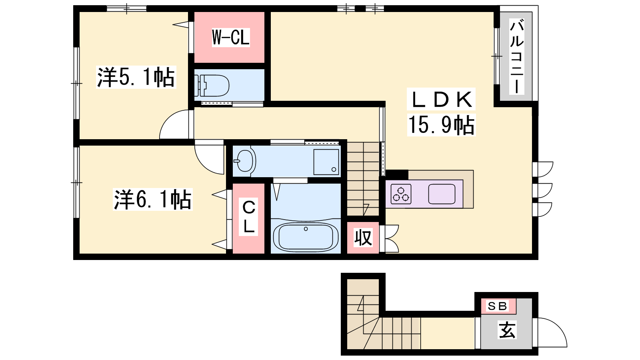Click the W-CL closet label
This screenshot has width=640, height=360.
230,37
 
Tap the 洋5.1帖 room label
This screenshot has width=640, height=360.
136,77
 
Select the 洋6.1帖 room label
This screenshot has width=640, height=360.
152,199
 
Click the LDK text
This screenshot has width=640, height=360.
441,99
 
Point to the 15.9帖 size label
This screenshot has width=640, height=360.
441,124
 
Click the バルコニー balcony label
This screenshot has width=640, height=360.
516,56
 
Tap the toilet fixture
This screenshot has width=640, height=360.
212,85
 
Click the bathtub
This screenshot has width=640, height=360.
306,237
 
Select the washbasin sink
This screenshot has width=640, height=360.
245,161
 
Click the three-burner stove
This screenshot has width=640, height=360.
401,194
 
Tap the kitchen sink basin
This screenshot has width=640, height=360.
442,194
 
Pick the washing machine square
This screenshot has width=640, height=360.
326,162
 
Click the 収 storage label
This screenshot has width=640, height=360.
363,238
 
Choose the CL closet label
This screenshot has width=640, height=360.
248,217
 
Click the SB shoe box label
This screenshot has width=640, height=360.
498,306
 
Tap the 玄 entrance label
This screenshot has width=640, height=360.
507,330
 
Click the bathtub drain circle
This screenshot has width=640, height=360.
306,229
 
